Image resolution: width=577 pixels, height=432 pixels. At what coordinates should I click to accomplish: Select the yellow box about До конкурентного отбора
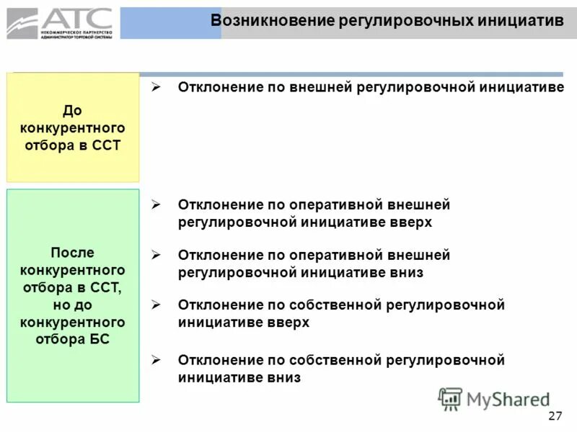[73, 127]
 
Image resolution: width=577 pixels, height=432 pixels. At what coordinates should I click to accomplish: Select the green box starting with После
[73, 295]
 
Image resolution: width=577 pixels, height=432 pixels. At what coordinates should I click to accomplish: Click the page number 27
[555, 415]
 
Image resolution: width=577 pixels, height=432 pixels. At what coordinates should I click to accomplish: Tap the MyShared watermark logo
[494, 398]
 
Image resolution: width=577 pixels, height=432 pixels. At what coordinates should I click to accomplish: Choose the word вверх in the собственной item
[289, 323]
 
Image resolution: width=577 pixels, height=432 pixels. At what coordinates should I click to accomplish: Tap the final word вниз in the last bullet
[281, 377]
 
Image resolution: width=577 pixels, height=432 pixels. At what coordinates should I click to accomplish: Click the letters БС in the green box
[102, 339]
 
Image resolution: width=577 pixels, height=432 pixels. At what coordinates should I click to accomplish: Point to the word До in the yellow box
[73, 110]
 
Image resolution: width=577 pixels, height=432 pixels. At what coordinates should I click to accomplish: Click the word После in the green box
[73, 253]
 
